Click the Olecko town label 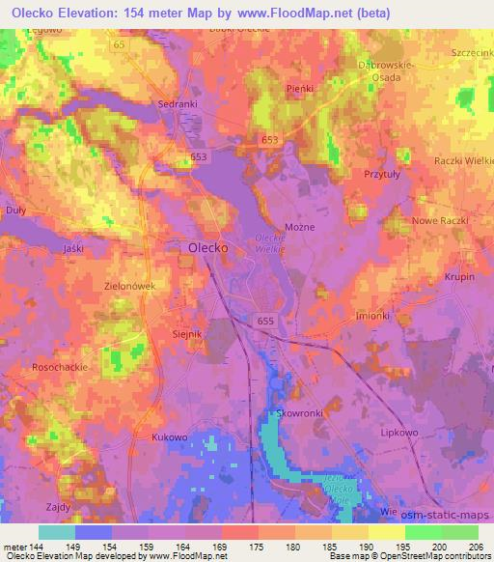205,248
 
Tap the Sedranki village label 178,101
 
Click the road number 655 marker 266,320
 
